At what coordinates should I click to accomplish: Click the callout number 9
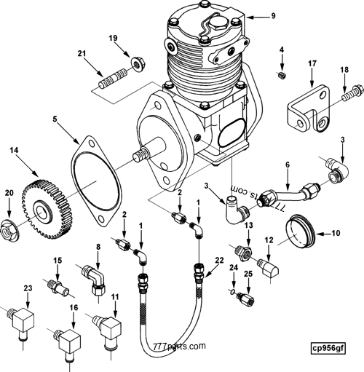coord(253,15)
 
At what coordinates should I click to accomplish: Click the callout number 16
coord(73,308)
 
